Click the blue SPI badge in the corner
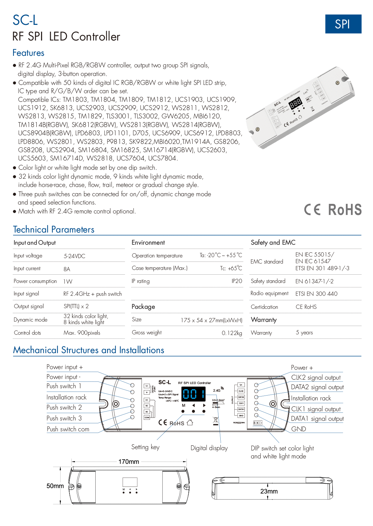point(343,24)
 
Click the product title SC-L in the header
point(25,20)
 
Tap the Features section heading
point(28,53)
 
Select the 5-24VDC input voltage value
point(74,256)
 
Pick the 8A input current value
point(67,269)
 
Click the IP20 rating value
point(237,281)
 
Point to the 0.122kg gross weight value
point(232,333)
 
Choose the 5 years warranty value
point(304,333)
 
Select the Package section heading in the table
point(143,307)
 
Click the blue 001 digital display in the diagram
point(194,394)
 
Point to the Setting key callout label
point(145,447)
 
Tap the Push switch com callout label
point(68,429)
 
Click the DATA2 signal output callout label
point(317,387)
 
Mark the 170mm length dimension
point(128,462)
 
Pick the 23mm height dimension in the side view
point(269,492)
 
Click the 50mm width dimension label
point(55,486)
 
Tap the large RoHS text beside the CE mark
point(345,210)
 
